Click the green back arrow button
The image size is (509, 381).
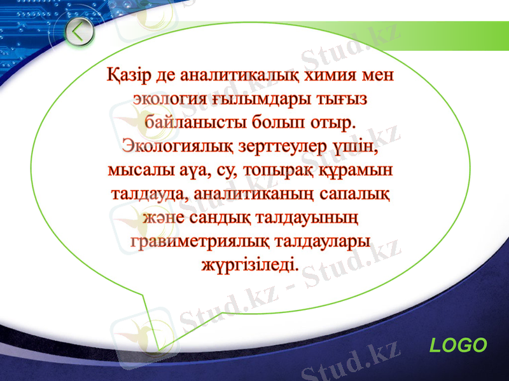click(x=80, y=32)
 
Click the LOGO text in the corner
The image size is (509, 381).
click(x=458, y=345)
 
